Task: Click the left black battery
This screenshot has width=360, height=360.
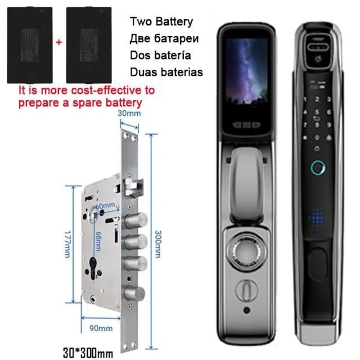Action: [30, 45]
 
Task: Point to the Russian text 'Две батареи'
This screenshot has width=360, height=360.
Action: [164, 38]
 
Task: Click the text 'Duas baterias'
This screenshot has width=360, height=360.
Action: [166, 72]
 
